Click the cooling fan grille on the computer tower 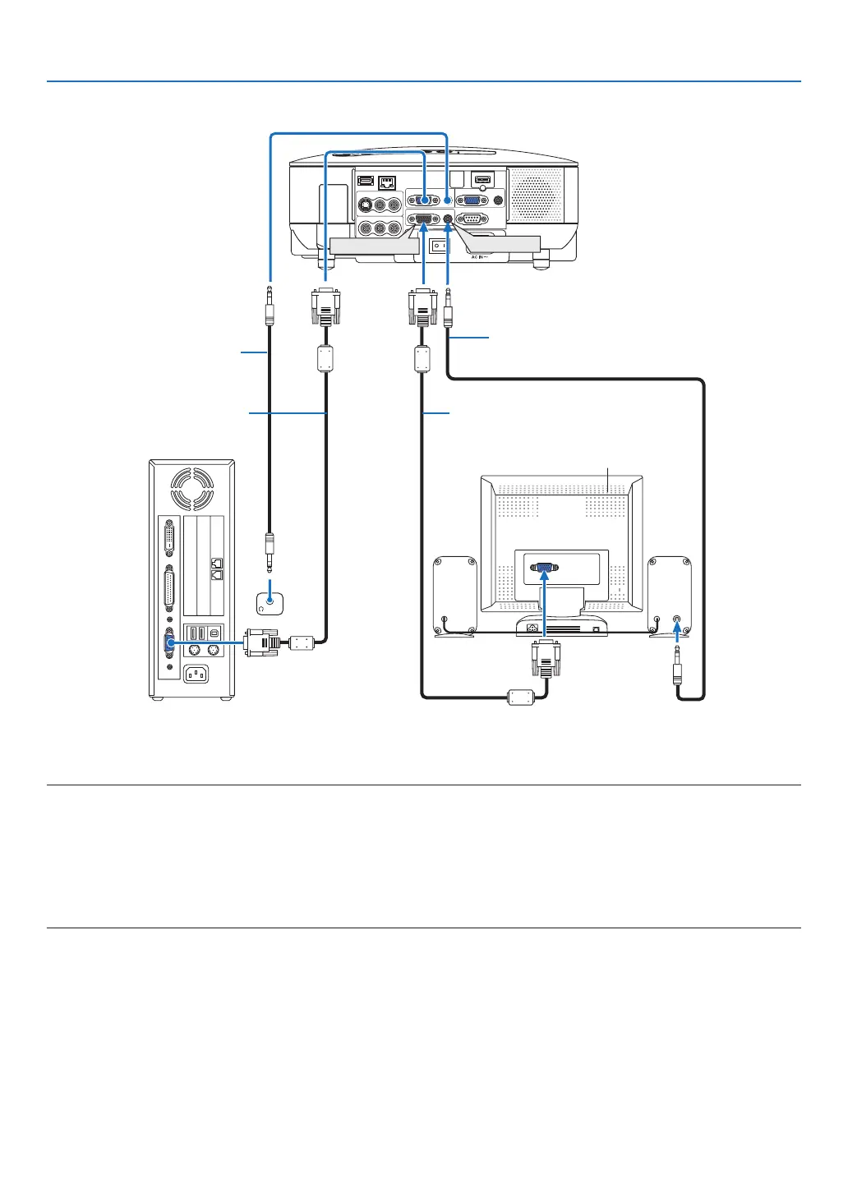point(191,488)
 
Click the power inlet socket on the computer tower point(195,674)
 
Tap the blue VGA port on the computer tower point(169,644)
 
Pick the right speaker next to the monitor point(670,596)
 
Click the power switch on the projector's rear point(441,245)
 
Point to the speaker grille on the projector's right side point(537,194)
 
